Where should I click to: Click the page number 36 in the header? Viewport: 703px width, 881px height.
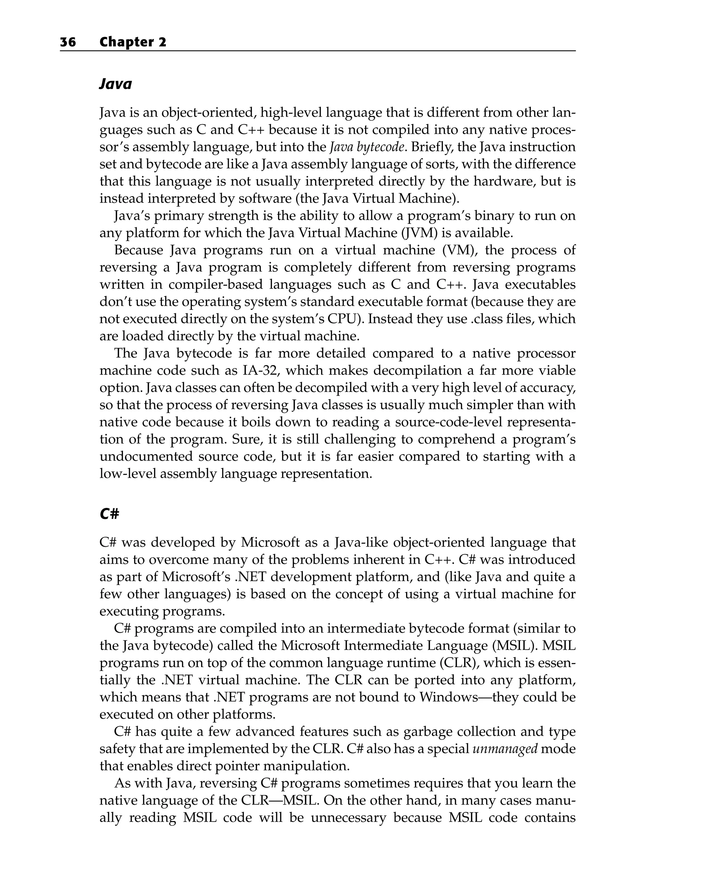pyautogui.click(x=68, y=42)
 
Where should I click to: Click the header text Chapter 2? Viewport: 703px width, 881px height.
pyautogui.click(x=133, y=42)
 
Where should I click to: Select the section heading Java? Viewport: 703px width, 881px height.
pyautogui.click(x=116, y=84)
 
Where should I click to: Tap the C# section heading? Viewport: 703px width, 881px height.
pyautogui.click(x=109, y=514)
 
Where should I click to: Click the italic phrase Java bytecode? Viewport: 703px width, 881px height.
pyautogui.click(x=367, y=147)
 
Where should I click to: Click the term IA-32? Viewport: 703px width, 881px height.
pyautogui.click(x=260, y=370)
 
